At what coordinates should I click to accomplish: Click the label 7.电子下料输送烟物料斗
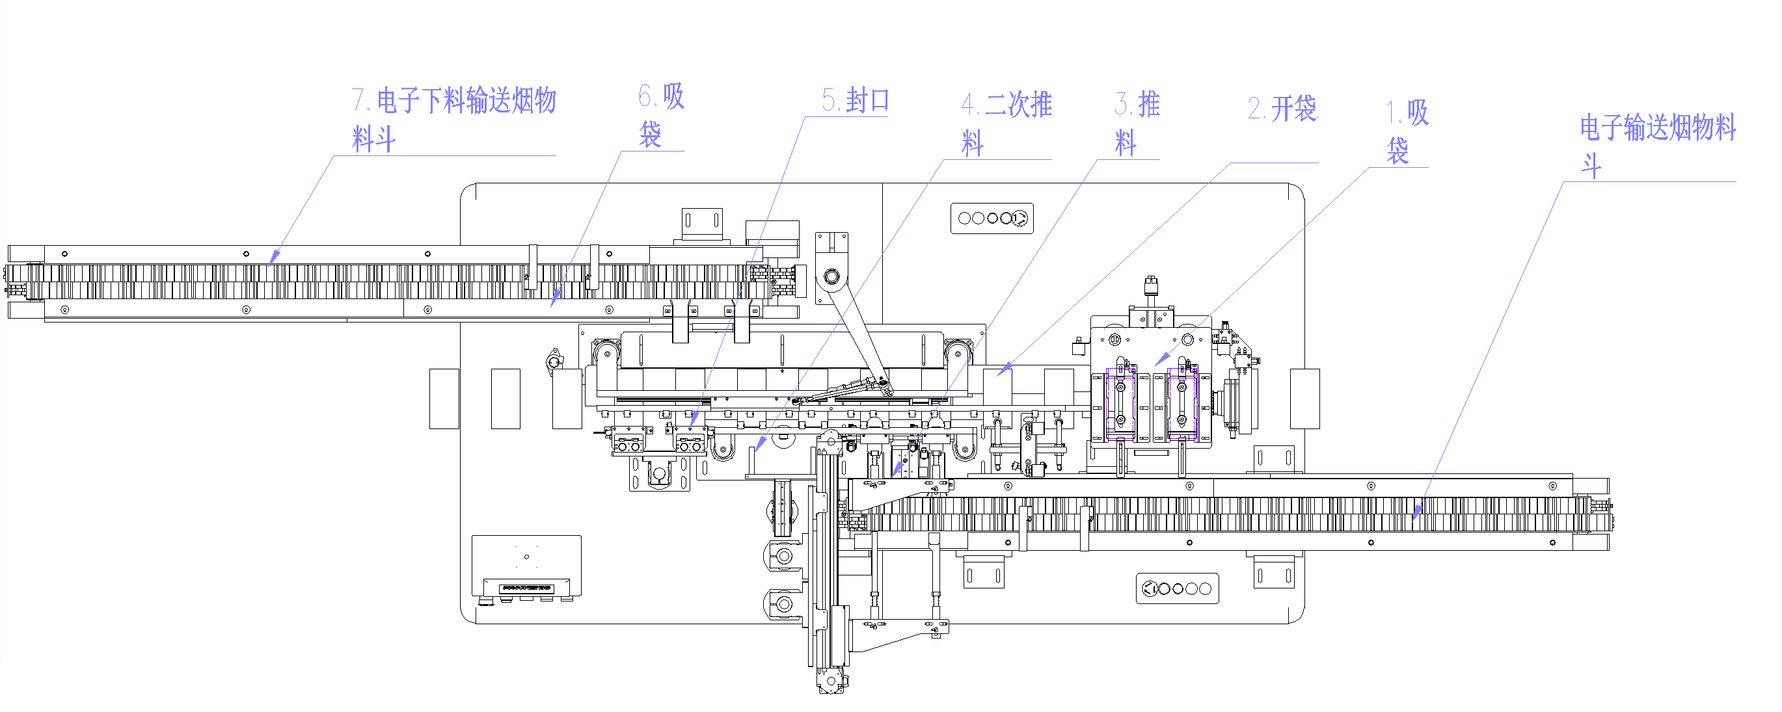[x=453, y=119]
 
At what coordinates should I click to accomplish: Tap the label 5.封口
[x=855, y=101]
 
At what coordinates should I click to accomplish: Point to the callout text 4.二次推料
[x=1006, y=123]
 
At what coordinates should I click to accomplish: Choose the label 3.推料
[x=1137, y=123]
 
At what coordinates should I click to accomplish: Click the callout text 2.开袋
[x=1282, y=109]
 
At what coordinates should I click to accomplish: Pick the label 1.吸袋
[x=1407, y=131]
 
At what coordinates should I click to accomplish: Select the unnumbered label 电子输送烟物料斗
[x=1657, y=145]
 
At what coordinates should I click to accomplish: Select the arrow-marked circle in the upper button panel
[x=1019, y=218]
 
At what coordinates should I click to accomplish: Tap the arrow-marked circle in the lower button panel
[x=1150, y=589]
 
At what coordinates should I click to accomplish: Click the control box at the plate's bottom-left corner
[x=526, y=566]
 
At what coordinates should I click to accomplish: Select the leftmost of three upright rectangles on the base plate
[x=444, y=399]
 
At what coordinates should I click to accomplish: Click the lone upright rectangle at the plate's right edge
[x=1304, y=399]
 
